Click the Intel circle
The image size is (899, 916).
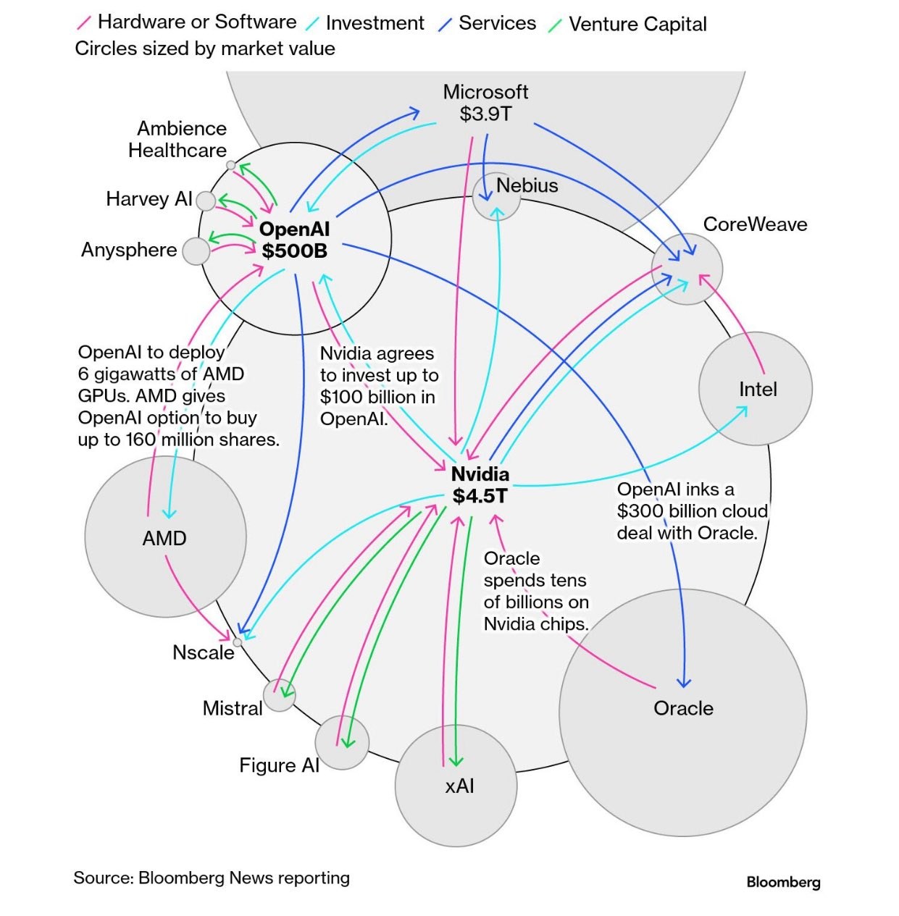755,389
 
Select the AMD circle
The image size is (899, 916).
165,537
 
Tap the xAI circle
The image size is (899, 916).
456,785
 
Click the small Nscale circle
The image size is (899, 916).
237,642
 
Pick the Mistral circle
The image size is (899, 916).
279,696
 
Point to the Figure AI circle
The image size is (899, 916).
342,742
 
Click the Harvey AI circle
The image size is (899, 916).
206,201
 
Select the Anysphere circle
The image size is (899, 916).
196,251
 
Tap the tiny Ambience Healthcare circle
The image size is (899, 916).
230,165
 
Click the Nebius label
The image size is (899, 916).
527,185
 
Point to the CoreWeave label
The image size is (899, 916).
755,224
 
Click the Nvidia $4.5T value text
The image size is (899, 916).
480,496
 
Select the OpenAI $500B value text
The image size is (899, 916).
294,251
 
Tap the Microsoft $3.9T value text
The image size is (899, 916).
485,114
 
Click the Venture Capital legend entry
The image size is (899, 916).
637,25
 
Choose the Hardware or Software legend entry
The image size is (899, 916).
196,22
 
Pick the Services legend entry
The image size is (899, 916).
497,24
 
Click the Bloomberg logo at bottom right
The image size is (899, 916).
783,882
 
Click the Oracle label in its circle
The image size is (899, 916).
683,708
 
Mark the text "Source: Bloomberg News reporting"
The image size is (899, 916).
212,878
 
